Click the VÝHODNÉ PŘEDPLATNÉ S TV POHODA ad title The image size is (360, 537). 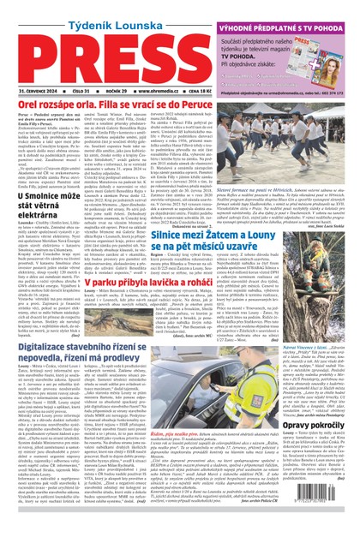pyautogui.click(x=292, y=10)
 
